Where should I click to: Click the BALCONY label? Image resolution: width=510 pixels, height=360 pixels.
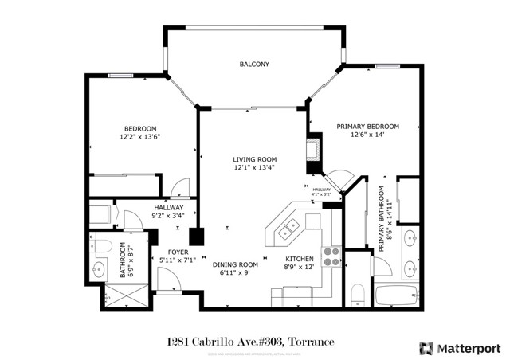pyautogui.click(x=255, y=65)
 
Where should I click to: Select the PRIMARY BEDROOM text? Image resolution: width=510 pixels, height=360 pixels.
pyautogui.click(x=367, y=127)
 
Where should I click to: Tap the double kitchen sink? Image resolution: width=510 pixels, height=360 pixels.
pyautogui.click(x=288, y=229)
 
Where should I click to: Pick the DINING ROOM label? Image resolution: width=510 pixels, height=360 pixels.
pyautogui.click(x=235, y=264)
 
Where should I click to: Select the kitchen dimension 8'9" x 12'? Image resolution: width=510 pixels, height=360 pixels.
pyautogui.click(x=300, y=268)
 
